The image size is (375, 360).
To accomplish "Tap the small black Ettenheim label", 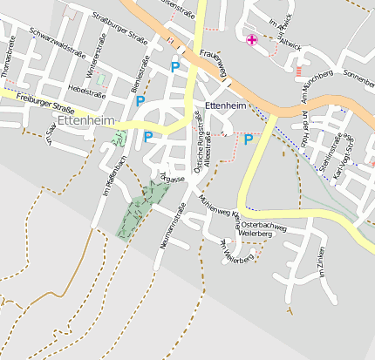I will point(226,105).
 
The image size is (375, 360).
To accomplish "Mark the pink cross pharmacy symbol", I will point(252,39).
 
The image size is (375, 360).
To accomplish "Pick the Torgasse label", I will point(172,179).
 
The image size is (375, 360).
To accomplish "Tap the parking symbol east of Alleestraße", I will point(249,139).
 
